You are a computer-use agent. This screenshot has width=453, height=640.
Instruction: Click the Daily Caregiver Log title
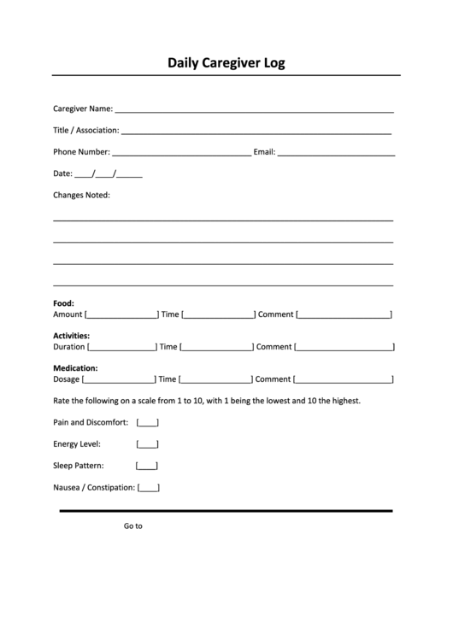226,62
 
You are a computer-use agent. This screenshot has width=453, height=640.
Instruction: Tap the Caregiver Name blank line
254,110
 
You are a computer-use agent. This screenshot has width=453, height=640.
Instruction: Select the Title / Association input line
256,132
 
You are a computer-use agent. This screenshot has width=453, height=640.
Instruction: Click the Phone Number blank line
181,154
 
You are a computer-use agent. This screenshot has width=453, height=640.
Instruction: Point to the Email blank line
336,154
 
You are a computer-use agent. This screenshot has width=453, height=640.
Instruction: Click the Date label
62,173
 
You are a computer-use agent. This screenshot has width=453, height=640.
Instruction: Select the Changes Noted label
81,195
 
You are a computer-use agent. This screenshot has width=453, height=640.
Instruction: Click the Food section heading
63,303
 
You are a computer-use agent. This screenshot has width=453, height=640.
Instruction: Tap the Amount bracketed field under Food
121,314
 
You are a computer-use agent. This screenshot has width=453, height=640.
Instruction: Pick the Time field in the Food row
218,314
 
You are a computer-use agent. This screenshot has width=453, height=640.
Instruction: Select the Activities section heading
71,336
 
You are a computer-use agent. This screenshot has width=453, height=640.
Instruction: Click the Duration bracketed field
121,347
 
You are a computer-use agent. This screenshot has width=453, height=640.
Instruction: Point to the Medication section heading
75,368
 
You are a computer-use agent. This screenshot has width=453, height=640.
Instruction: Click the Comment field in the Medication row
344,379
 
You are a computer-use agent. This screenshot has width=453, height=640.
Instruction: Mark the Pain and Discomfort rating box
147,422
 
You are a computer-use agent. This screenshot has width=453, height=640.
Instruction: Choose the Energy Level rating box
147,444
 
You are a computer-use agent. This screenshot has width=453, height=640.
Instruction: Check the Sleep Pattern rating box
147,466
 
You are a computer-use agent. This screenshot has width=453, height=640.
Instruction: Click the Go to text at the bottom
132,526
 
